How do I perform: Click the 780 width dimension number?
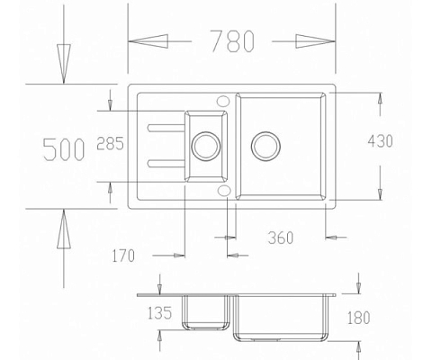click(x=232, y=40)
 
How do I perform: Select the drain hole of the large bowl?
click(x=267, y=144)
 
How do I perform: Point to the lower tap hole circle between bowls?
click(x=222, y=189)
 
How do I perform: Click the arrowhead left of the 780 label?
click(x=148, y=40)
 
